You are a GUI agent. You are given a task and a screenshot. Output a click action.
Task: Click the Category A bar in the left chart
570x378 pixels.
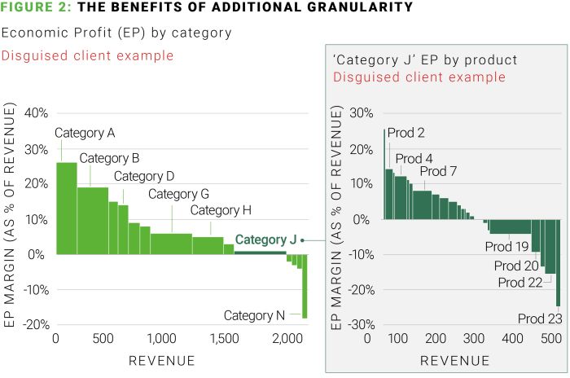pyautogui.click(x=66, y=208)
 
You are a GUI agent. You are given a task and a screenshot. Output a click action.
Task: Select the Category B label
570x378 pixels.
pyautogui.click(x=110, y=158)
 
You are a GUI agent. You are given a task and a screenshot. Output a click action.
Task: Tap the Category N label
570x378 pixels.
pyautogui.click(x=254, y=315)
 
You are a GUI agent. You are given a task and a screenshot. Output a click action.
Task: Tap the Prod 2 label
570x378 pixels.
pyautogui.click(x=406, y=133)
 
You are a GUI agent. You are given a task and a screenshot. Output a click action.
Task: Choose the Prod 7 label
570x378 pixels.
pyautogui.click(x=439, y=171)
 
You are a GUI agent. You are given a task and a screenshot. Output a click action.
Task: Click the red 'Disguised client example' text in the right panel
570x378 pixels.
pyautogui.click(x=420, y=77)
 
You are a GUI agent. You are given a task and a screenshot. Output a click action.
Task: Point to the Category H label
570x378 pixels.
pyautogui.click(x=221, y=210)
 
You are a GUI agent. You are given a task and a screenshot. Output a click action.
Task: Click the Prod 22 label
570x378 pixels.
pyautogui.click(x=520, y=282)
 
